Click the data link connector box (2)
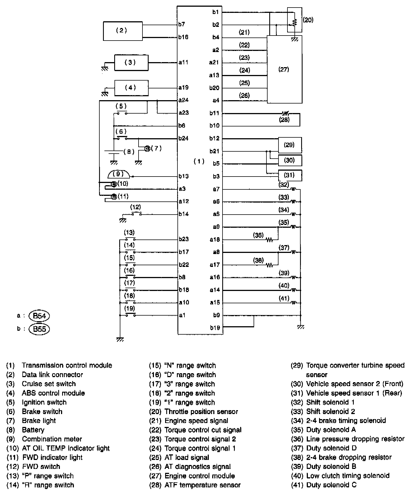tap(123, 31)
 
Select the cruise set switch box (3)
tap(131, 62)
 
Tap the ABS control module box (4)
tap(131, 88)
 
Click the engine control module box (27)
tap(284, 69)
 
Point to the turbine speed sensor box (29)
tap(290, 145)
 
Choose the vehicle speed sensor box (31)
tap(290, 175)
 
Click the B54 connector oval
tap(39, 316)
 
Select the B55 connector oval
tap(39, 329)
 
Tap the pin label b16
tap(183, 37)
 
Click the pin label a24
tap(183, 100)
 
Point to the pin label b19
tap(215, 328)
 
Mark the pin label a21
tap(214, 62)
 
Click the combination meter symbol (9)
tap(119, 175)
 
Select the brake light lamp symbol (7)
tap(147, 149)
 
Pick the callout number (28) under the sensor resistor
tap(284, 120)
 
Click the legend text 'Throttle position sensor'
tap(201, 412)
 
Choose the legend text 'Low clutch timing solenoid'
tap(348, 476)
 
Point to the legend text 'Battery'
tap(33, 430)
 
